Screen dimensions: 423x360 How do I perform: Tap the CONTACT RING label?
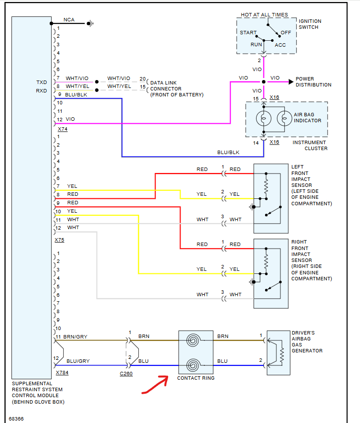tap(196, 378)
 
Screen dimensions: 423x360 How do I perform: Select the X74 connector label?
tap(62, 129)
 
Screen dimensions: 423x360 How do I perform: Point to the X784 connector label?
tap(62, 372)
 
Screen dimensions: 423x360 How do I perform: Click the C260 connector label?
tap(126, 373)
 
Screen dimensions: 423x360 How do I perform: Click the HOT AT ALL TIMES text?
tap(265, 15)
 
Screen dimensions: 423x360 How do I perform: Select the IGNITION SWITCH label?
tap(310, 24)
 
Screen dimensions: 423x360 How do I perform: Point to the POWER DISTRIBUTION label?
tap(313, 82)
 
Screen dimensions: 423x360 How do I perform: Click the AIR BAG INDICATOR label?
tap(307, 117)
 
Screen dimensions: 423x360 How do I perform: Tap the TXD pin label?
tap(42, 82)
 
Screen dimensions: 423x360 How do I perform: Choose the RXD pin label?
tap(42, 90)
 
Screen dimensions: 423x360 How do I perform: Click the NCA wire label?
tap(70, 20)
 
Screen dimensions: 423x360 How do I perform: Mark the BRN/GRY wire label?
tap(75, 337)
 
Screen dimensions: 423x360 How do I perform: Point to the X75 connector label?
tap(60, 240)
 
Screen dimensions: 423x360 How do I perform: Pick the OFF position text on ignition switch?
tap(285, 33)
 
